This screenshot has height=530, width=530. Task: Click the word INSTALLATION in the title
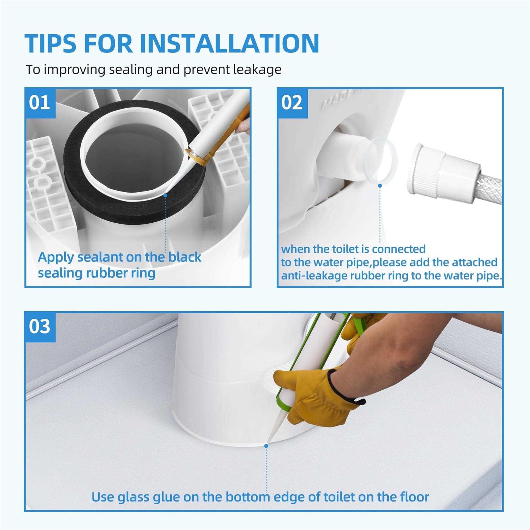[230, 43]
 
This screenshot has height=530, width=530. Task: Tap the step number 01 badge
[40, 103]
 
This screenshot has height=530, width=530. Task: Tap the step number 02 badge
[292, 103]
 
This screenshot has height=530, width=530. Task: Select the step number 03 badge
[40, 326]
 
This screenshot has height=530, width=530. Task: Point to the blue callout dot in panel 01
[165, 194]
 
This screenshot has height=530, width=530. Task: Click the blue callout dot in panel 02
[380, 185]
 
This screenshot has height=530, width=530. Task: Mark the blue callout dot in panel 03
[266, 446]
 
